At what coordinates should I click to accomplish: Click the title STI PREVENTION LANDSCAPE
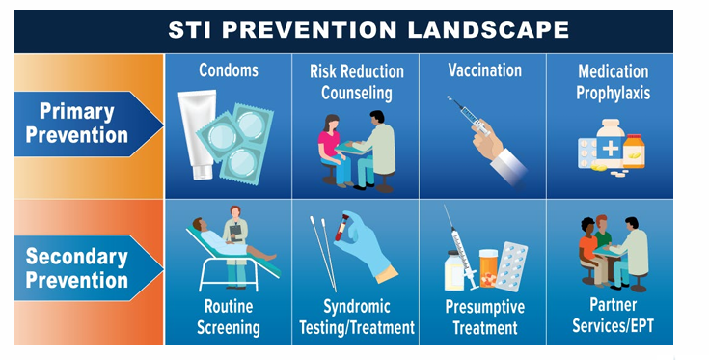[355, 28]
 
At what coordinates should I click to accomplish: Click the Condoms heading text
[229, 71]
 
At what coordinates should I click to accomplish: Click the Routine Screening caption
[229, 317]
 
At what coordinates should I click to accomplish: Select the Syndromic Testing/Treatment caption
[355, 317]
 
